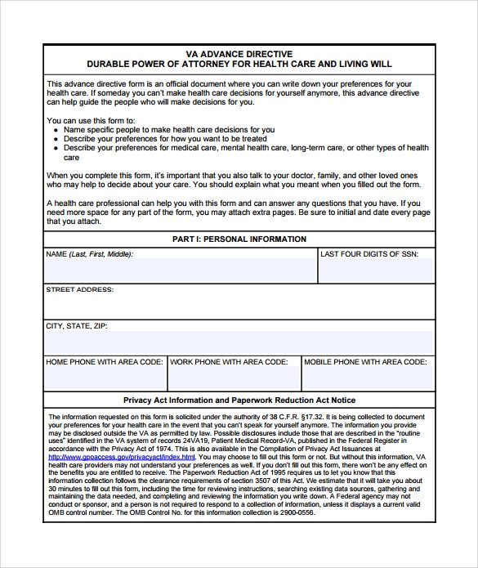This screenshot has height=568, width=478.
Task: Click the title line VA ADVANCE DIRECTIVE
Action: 239,53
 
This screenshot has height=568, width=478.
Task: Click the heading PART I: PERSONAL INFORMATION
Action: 239,239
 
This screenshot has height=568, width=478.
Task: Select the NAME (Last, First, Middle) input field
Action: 181,270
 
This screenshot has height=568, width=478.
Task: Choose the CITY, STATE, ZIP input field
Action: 239,342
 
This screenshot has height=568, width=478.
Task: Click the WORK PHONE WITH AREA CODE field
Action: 234,378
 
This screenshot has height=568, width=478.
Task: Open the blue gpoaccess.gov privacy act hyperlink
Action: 116,457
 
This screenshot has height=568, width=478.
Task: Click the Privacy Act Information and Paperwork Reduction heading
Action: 239,400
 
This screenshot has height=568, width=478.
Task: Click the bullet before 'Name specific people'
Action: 56,130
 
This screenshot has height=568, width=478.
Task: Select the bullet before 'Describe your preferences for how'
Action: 56,139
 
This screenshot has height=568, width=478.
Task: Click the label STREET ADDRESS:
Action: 80,289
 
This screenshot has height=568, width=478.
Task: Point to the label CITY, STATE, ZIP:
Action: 77,325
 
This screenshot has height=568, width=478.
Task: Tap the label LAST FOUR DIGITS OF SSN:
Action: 369,254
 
